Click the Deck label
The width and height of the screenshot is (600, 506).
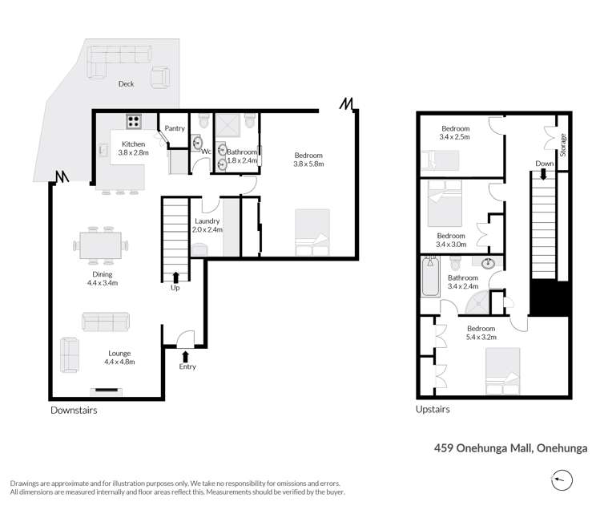(126, 83)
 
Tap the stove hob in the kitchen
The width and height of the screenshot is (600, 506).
(133, 123)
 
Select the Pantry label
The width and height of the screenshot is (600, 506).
(175, 128)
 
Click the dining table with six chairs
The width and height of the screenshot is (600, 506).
(103, 244)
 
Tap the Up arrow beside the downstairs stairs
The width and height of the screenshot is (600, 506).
(175, 277)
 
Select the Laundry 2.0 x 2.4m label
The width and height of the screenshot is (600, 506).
(207, 225)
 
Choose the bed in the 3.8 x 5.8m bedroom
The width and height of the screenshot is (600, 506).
(312, 233)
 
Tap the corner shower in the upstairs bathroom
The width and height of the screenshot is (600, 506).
(478, 301)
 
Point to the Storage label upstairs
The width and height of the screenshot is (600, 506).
(563, 145)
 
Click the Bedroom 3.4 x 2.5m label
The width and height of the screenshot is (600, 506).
(454, 132)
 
